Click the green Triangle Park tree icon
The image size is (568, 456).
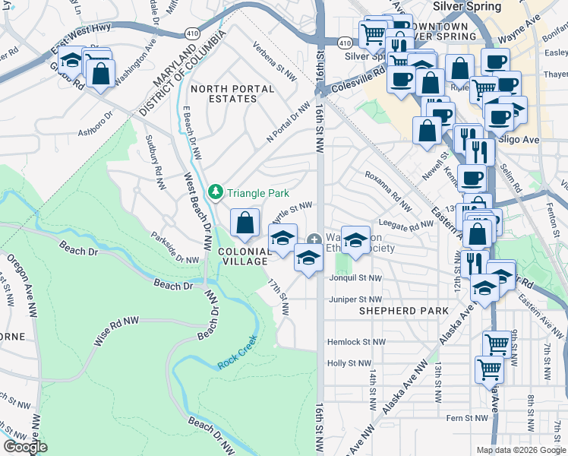(216, 190)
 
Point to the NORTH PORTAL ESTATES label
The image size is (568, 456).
(232, 94)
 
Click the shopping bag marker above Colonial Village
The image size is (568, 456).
(245, 223)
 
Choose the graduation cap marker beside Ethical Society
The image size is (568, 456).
(355, 242)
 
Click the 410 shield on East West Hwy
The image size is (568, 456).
(192, 34)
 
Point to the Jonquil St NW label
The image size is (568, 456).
(355, 279)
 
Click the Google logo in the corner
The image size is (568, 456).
(25, 447)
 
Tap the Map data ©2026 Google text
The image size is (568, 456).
(521, 450)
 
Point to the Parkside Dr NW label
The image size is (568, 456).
(175, 248)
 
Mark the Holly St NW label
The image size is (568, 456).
(349, 363)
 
